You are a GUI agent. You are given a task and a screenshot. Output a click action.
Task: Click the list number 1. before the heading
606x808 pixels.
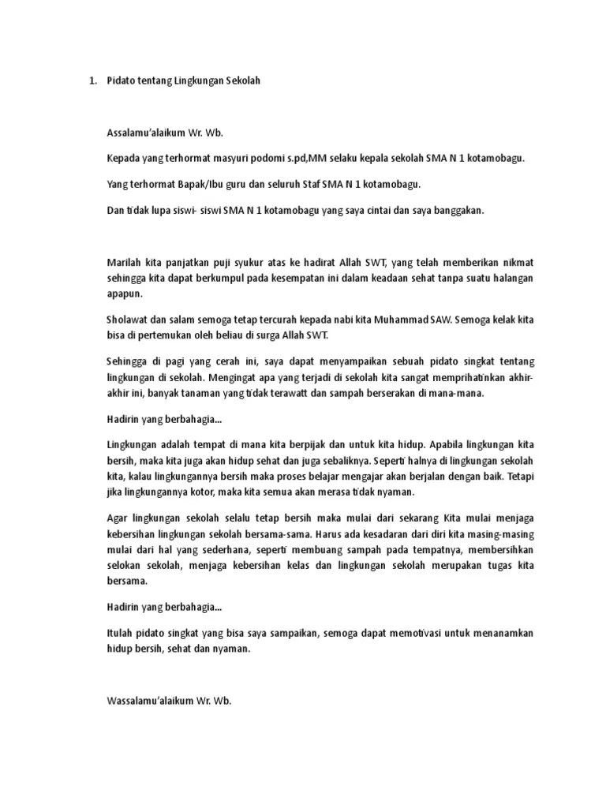[x=91, y=80]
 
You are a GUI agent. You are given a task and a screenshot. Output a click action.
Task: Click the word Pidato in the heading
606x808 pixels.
[x=122, y=80]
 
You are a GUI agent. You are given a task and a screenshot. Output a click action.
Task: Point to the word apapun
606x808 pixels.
[x=124, y=294]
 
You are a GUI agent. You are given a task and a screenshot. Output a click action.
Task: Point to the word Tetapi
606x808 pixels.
[x=520, y=477]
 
